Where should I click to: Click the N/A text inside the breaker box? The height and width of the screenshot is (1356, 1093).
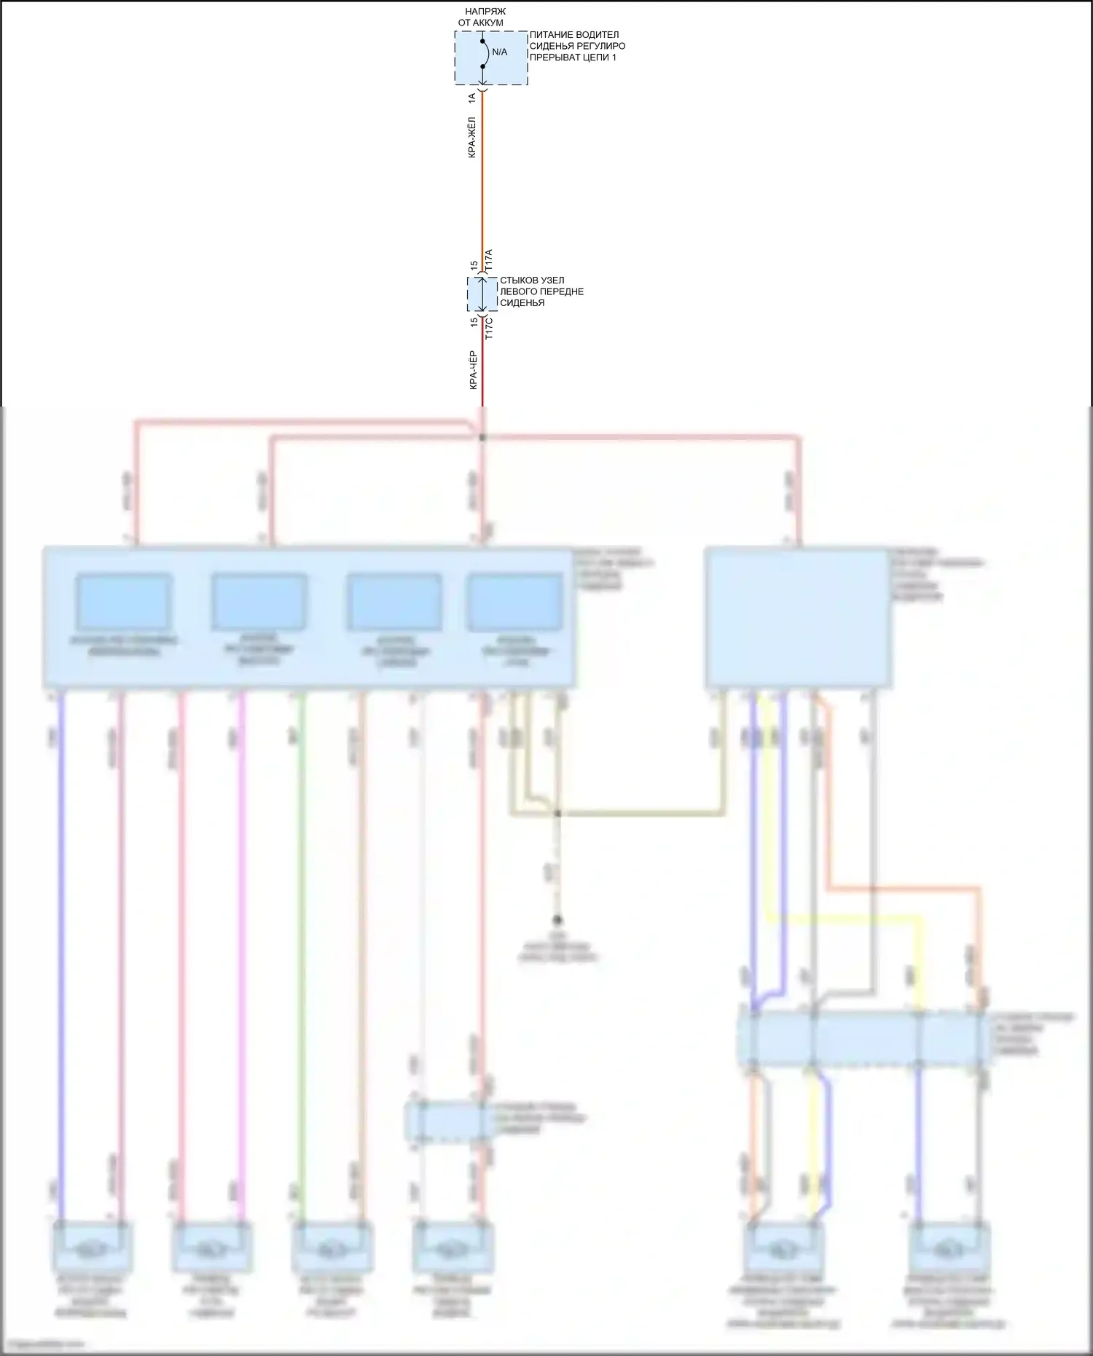[x=499, y=52]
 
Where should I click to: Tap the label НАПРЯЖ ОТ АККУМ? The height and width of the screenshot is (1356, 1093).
[x=480, y=17]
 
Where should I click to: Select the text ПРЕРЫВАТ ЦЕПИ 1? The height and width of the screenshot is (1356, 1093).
[x=573, y=58]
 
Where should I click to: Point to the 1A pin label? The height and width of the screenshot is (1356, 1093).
[x=472, y=97]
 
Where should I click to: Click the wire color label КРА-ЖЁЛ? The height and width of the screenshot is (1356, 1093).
[x=472, y=138]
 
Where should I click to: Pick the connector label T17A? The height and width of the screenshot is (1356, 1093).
[x=489, y=259]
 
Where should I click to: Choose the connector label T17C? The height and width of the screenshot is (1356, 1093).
[x=489, y=328]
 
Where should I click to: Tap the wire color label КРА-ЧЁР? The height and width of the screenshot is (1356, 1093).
[x=472, y=370]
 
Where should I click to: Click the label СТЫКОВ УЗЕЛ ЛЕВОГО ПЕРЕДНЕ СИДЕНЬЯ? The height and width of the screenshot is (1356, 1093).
[x=541, y=291]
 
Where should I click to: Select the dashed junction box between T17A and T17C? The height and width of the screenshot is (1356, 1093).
[x=482, y=294]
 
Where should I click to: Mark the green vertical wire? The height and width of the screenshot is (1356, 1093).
[x=302, y=947]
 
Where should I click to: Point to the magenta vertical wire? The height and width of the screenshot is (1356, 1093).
[x=243, y=947]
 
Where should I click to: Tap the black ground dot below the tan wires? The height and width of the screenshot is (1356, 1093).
[x=558, y=920]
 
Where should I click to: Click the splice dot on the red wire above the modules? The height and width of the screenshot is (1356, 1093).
[x=482, y=437]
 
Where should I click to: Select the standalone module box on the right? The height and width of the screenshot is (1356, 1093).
[x=798, y=618]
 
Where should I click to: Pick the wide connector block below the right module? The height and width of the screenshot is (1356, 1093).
[x=866, y=1038]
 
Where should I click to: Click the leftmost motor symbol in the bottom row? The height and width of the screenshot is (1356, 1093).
[x=93, y=1247]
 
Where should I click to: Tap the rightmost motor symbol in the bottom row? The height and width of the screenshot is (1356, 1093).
[x=948, y=1249]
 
